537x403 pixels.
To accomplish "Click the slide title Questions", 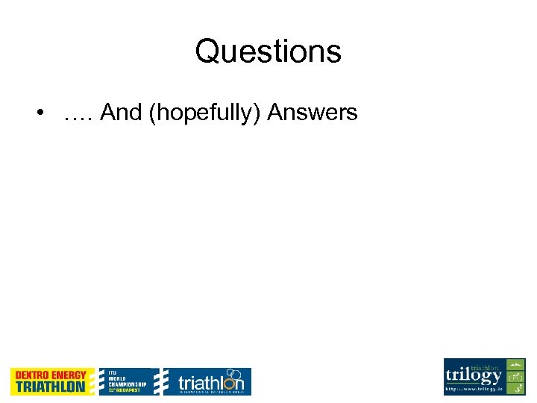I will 268,51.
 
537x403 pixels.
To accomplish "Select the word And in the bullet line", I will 122,113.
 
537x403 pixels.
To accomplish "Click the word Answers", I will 313,113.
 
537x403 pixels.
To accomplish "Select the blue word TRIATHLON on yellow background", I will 51,387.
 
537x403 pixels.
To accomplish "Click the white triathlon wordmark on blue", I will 210,384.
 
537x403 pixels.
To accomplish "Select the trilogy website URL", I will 474,390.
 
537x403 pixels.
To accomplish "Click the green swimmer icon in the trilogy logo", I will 515,365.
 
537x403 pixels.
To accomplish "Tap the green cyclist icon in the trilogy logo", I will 515,377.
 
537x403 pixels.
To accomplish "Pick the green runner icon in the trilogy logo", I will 515,389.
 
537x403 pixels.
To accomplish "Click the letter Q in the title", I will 207,51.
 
